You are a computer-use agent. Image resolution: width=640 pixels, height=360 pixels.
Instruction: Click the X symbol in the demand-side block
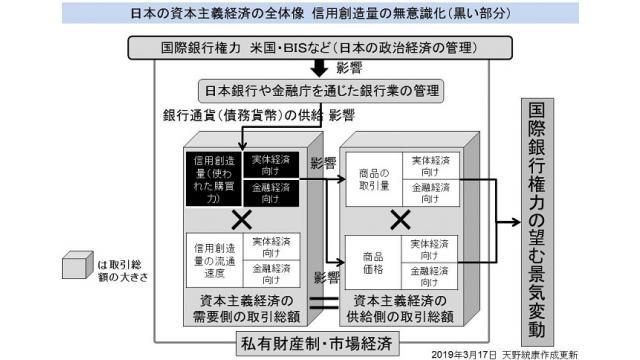click(240, 217)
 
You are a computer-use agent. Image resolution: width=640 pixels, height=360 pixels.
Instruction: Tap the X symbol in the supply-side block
click(400, 217)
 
